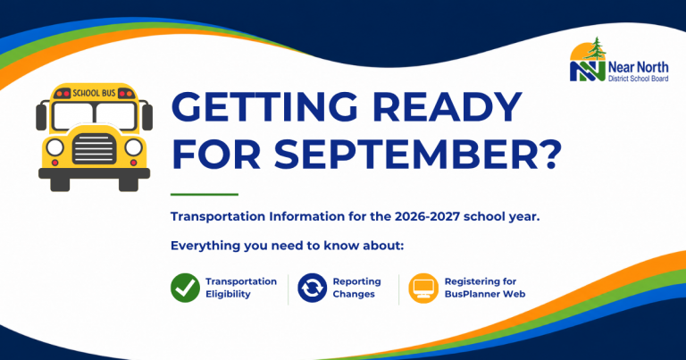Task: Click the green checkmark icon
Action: click(185, 288)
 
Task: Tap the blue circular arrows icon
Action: click(312, 288)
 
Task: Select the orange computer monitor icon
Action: click(423, 289)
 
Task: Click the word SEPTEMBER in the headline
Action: click(406, 155)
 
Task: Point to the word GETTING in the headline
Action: click(264, 107)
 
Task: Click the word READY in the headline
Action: click(448, 107)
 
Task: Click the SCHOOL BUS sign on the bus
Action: click(94, 93)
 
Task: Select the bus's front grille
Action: click(94, 148)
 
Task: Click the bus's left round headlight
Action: click(55, 147)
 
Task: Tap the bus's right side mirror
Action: click(147, 117)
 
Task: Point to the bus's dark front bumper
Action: click(94, 173)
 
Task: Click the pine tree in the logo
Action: click(595, 49)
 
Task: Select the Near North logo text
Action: click(639, 71)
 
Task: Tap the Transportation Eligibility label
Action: click(241, 288)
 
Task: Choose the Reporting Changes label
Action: click(356, 288)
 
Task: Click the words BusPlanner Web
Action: click(485, 294)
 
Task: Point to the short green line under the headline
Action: click(205, 194)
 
